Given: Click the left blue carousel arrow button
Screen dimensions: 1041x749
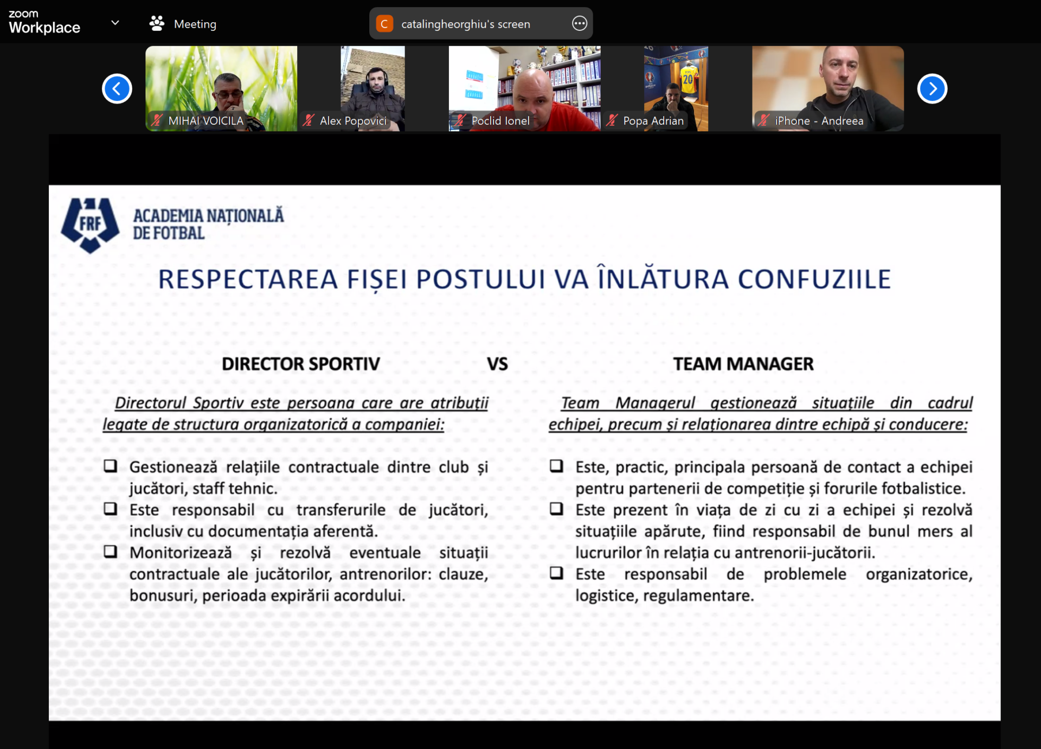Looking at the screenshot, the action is point(117,88).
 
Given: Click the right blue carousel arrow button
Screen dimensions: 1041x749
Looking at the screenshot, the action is point(932,88).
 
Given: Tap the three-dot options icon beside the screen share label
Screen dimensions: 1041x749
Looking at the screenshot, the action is point(580,23).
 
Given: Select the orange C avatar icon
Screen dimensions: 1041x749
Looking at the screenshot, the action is point(384,23).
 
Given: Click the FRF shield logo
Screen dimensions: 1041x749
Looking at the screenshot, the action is point(90,225).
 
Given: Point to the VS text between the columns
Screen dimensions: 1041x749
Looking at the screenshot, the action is point(497,364).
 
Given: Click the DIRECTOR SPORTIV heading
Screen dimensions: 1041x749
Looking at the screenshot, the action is point(301,364).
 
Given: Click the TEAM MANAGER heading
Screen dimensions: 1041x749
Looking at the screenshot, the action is point(743,364).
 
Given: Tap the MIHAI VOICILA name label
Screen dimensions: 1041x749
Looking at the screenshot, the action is point(205,120).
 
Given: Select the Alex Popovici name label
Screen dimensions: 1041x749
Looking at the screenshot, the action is point(353,120).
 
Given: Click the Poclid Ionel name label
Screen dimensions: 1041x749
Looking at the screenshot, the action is point(500,120).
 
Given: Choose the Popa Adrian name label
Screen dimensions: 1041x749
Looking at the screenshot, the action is point(653,120).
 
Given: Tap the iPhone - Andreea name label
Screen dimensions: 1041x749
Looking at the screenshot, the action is point(819,120).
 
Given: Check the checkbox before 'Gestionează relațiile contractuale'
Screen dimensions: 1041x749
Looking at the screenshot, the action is point(111,466).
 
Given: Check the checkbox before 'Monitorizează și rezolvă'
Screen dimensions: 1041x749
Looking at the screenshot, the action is point(111,552).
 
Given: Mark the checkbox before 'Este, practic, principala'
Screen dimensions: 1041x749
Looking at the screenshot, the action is point(556,466).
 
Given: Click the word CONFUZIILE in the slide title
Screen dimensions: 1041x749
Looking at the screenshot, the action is point(814,279).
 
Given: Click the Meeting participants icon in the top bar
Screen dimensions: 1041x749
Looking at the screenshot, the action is point(157,23).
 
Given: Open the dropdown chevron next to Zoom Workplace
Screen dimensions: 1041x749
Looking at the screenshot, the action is point(115,23).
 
